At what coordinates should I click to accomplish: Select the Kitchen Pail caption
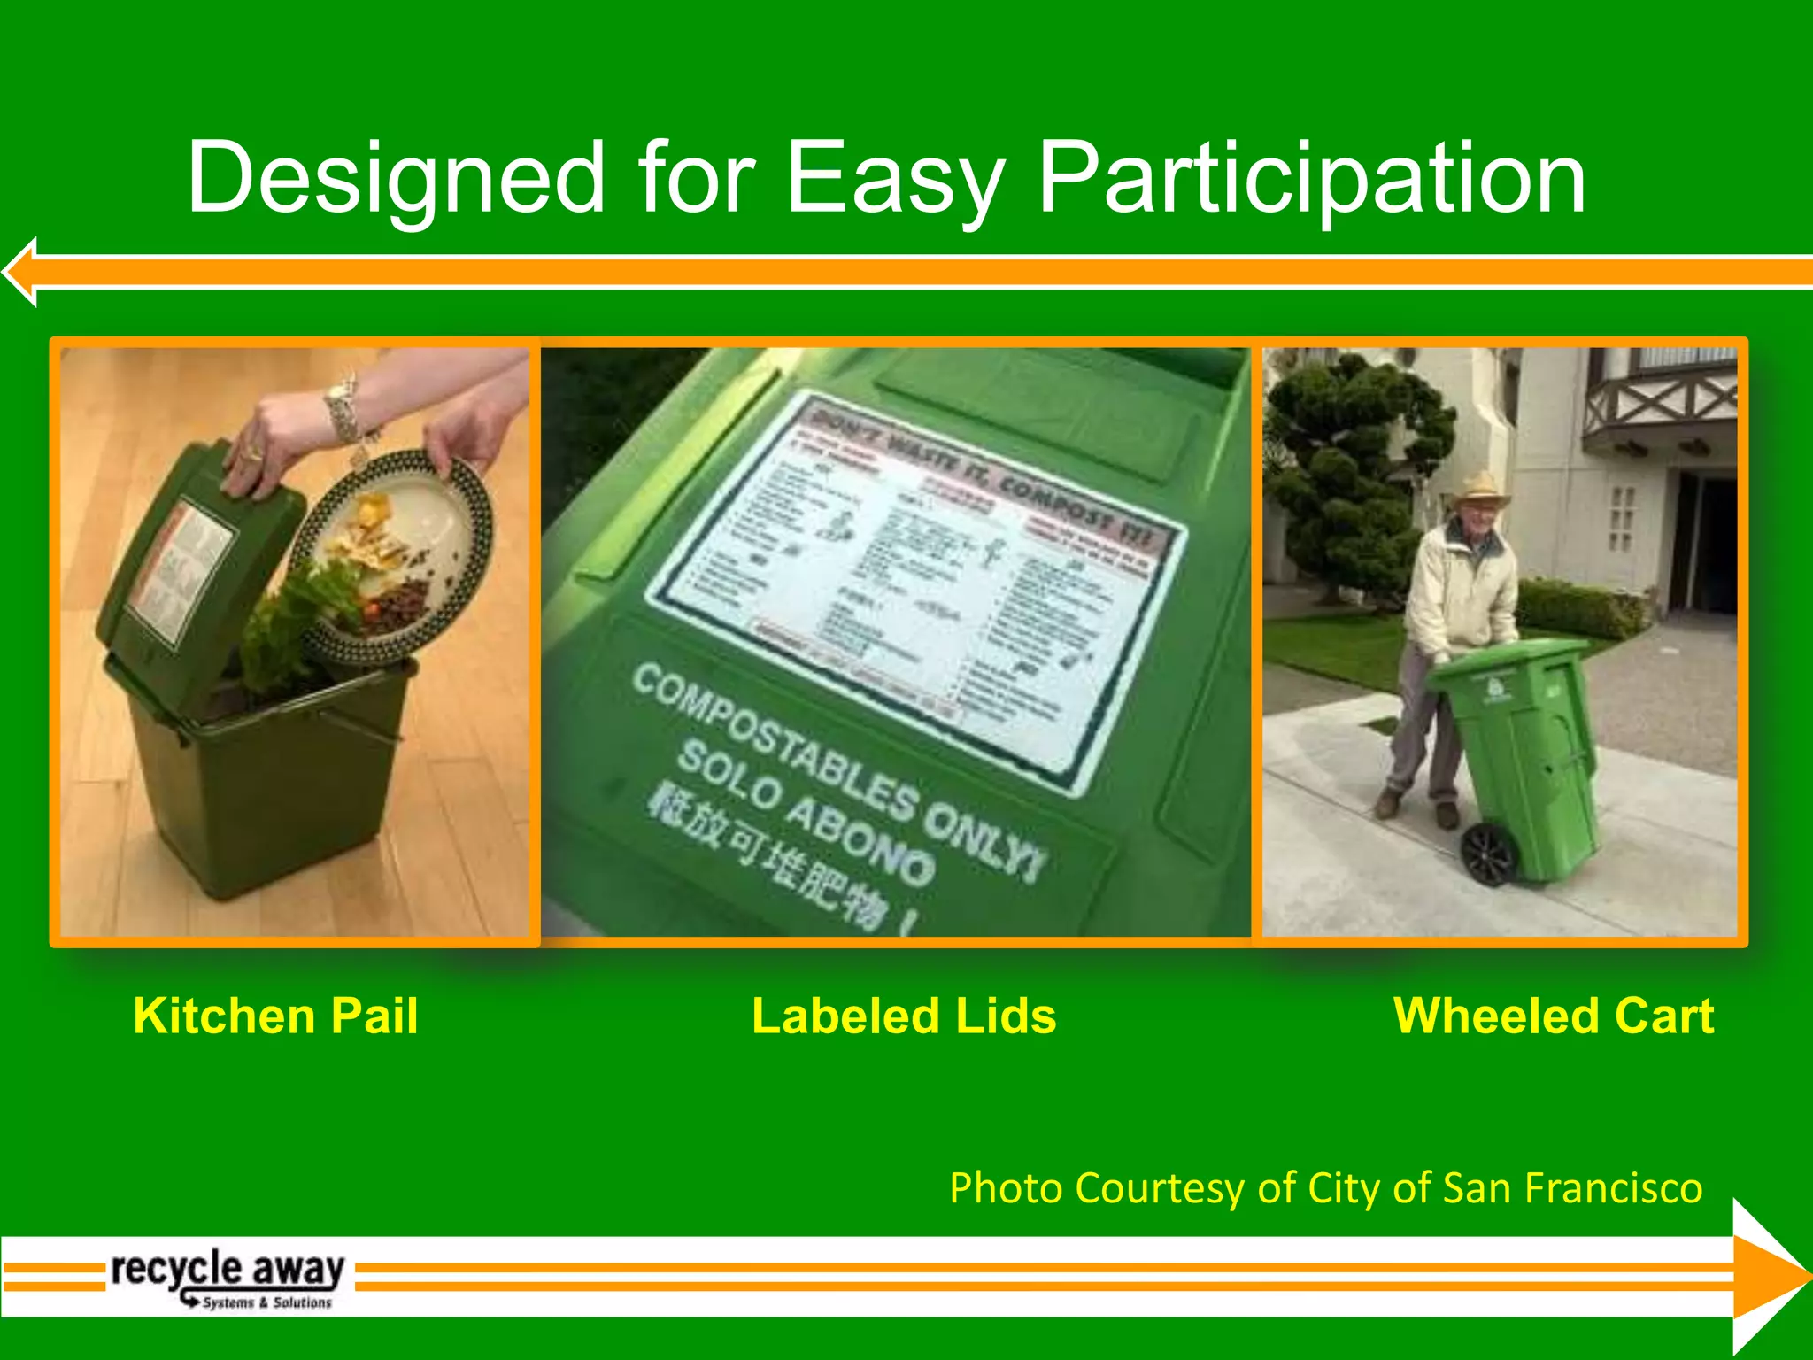pyautogui.click(x=275, y=1016)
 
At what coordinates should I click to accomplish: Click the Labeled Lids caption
pyautogui.click(x=904, y=1016)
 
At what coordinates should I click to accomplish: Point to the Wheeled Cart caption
pyautogui.click(x=1554, y=1016)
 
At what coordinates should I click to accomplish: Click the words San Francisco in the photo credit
pyautogui.click(x=1571, y=1187)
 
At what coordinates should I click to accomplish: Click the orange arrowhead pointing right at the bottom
pyautogui.click(x=1766, y=1276)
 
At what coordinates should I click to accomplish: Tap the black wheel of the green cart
pyautogui.click(x=1489, y=854)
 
